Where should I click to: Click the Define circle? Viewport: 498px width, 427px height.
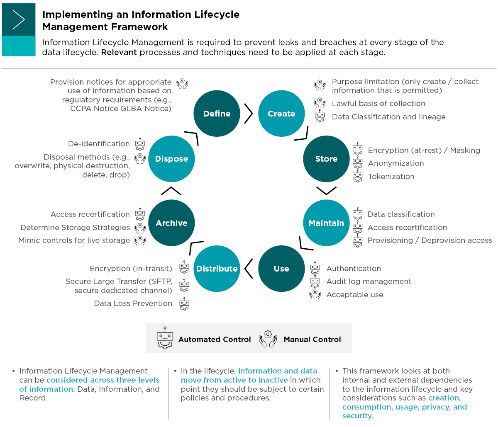pyautogui.click(x=217, y=114)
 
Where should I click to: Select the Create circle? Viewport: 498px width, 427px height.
pyautogui.click(x=281, y=114)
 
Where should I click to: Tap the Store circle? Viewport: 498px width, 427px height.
pyautogui.click(x=326, y=159)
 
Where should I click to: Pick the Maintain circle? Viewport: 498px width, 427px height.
pyautogui.click(x=326, y=223)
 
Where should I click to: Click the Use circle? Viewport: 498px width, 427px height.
pyautogui.click(x=281, y=269)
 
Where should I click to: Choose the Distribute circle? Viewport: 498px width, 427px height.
pyautogui.click(x=217, y=269)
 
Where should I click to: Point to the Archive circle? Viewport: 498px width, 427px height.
pyautogui.click(x=171, y=223)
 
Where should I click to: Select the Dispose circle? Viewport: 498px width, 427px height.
pyautogui.click(x=171, y=159)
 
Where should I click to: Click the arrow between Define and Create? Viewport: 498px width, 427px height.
pyautogui.click(x=249, y=114)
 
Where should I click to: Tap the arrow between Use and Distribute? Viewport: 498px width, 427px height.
pyautogui.click(x=249, y=269)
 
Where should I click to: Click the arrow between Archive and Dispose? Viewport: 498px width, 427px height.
pyautogui.click(x=171, y=191)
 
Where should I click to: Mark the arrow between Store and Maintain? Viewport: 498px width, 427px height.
pyautogui.click(x=326, y=191)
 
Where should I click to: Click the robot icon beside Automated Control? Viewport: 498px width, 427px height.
pyautogui.click(x=165, y=338)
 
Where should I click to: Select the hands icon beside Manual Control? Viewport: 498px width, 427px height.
pyautogui.click(x=268, y=339)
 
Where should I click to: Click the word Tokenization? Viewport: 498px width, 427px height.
pyautogui.click(x=391, y=177)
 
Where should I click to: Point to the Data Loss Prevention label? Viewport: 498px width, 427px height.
pyautogui.click(x=133, y=303)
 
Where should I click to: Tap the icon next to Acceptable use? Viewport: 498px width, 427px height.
pyautogui.click(x=315, y=295)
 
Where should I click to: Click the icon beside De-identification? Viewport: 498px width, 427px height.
pyautogui.click(x=140, y=144)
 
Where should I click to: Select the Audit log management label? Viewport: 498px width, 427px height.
pyautogui.click(x=369, y=281)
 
